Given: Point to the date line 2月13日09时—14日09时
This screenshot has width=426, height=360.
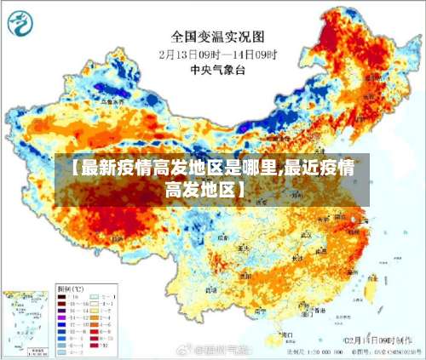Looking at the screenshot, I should (x=218, y=53).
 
